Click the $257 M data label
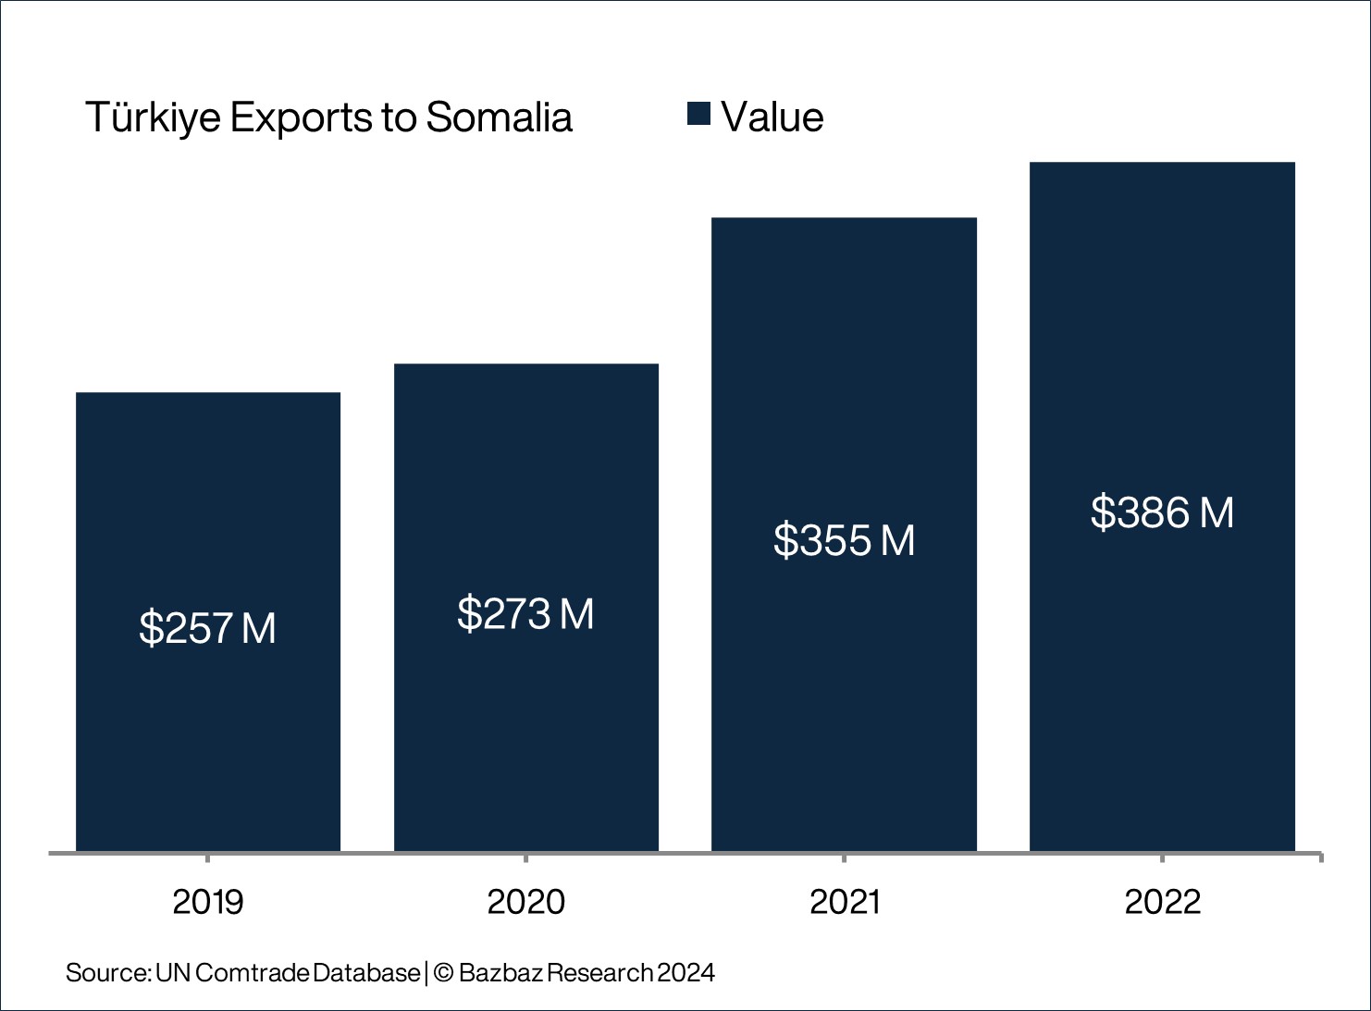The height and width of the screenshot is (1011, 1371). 208,628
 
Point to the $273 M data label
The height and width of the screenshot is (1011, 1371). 526,614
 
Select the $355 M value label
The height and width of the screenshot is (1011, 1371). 844,540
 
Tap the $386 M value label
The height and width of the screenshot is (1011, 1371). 1162,512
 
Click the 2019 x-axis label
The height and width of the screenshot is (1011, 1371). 208,902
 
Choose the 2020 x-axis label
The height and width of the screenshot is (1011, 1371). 526,902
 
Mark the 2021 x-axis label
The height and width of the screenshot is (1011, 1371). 845,902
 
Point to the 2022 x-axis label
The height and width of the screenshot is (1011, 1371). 1163,902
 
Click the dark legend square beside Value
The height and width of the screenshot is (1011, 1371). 698,114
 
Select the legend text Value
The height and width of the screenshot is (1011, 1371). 772,117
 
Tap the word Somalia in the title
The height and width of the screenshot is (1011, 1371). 500,117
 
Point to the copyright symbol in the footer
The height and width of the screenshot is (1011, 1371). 442,973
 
